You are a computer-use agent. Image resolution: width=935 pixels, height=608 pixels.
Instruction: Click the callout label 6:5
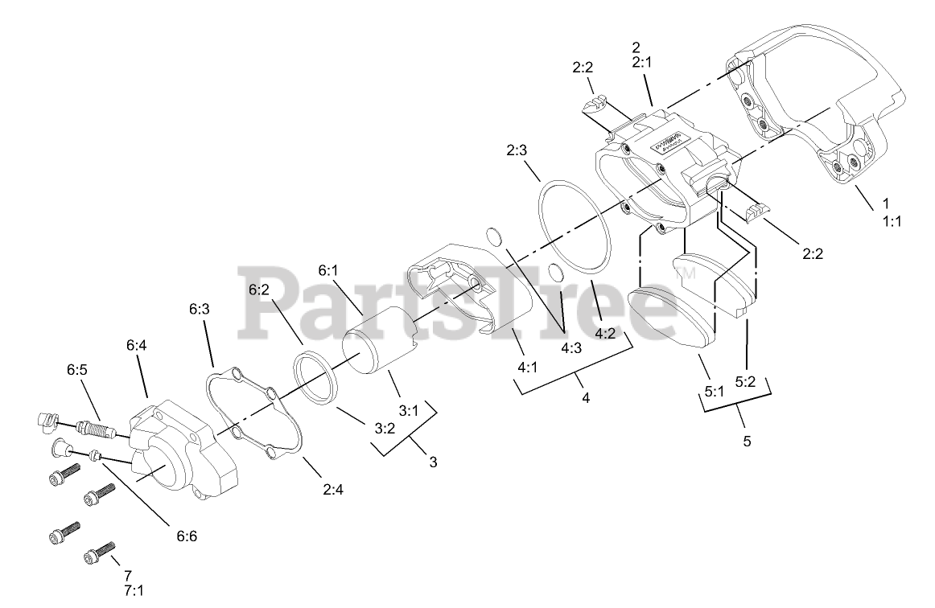pyautogui.click(x=78, y=371)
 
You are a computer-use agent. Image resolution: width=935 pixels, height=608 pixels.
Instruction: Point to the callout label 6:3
pyautogui.click(x=200, y=309)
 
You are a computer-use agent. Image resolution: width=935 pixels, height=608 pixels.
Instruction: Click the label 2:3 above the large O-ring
pyautogui.click(x=517, y=150)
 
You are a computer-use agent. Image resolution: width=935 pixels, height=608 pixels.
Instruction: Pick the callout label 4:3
pyautogui.click(x=571, y=349)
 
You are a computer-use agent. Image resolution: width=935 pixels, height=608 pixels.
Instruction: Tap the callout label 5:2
pyautogui.click(x=747, y=382)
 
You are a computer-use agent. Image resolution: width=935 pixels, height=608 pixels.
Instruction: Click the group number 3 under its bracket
pyautogui.click(x=433, y=462)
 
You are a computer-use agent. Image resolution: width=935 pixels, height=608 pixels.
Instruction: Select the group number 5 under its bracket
pyautogui.click(x=747, y=442)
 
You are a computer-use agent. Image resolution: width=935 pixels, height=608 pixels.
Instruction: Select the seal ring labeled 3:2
pyautogui.click(x=316, y=378)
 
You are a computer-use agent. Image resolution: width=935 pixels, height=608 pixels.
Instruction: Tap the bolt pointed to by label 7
pyautogui.click(x=97, y=557)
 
